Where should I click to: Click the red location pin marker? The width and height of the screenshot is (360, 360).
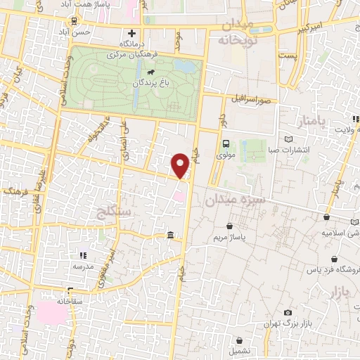[181, 164]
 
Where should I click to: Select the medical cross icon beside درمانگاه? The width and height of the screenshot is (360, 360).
[131, 33]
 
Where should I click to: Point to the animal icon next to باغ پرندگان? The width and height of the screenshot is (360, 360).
[150, 72]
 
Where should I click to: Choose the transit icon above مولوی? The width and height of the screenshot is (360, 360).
[226, 143]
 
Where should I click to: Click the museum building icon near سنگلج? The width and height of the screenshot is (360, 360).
[172, 235]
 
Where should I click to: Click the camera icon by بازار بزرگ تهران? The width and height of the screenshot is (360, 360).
[288, 312]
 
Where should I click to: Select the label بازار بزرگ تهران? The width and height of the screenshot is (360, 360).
[290, 323]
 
